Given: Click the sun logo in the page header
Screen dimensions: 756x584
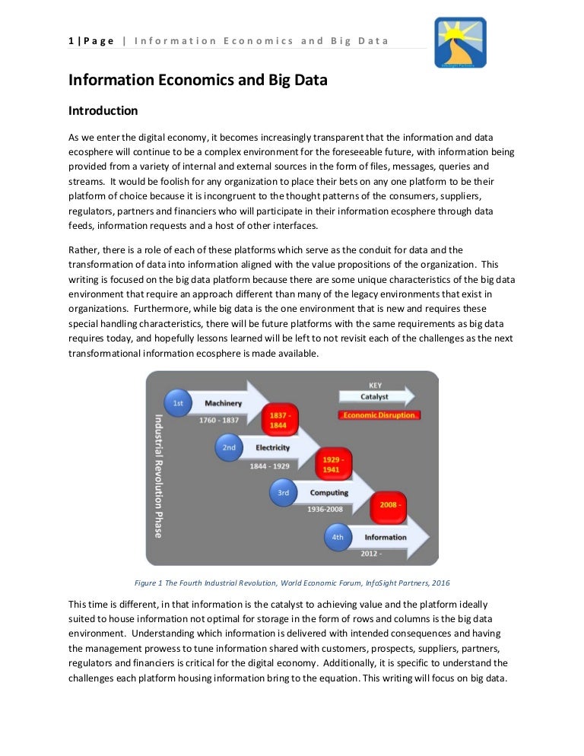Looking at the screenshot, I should click(x=460, y=43).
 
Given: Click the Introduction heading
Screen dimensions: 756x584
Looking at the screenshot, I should click(x=103, y=111).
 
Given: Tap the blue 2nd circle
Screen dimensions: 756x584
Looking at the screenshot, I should click(x=228, y=447).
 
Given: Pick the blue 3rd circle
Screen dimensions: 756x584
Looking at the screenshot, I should click(x=283, y=492).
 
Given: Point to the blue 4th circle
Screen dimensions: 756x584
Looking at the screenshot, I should click(x=338, y=537).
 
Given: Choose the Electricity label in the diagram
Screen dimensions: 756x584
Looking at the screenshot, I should click(x=272, y=447).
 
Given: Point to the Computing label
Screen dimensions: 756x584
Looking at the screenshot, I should click(x=328, y=492).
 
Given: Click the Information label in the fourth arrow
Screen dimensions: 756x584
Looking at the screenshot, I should click(x=385, y=537).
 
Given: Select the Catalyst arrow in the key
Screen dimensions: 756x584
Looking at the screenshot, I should click(x=376, y=396).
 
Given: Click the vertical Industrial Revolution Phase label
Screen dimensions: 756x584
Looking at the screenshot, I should click(x=158, y=475).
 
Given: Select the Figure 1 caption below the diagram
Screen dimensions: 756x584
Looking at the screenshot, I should click(x=291, y=583).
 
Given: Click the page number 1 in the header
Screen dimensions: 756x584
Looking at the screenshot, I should click(x=70, y=40).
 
